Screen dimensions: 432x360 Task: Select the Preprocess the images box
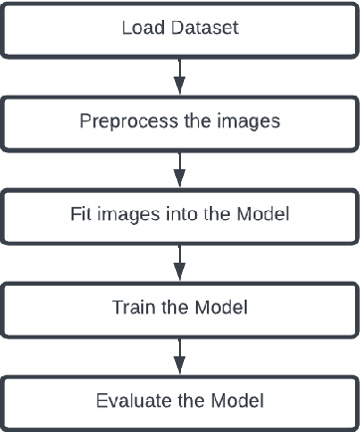[179, 122]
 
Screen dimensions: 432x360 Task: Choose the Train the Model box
[179, 309]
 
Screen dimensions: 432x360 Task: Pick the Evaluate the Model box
[179, 401]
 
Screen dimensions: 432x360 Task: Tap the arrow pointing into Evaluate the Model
[180, 355]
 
